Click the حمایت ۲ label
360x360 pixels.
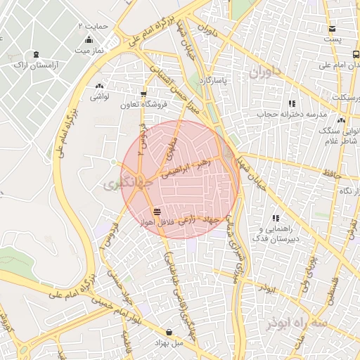[92, 25]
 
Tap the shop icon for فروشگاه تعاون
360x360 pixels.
[143, 94]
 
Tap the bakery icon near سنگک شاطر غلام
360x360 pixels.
[341, 120]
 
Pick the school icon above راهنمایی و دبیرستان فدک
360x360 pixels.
[276, 218]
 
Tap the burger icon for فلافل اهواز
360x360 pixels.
[157, 210]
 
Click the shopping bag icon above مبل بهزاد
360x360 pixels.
[169, 332]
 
